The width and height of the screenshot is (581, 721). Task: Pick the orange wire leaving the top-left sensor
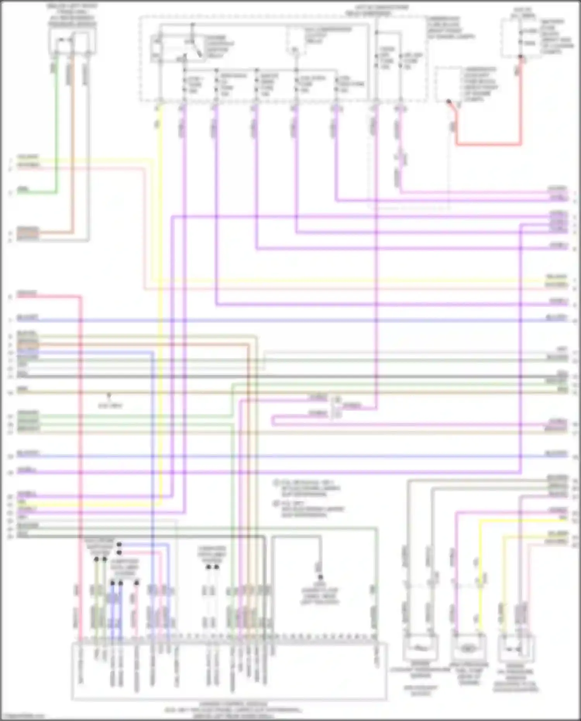click(72, 155)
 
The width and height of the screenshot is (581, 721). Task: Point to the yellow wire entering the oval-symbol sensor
click(480, 581)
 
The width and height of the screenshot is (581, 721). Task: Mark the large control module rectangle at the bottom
click(229, 670)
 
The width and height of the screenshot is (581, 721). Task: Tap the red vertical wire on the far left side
click(81, 465)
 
